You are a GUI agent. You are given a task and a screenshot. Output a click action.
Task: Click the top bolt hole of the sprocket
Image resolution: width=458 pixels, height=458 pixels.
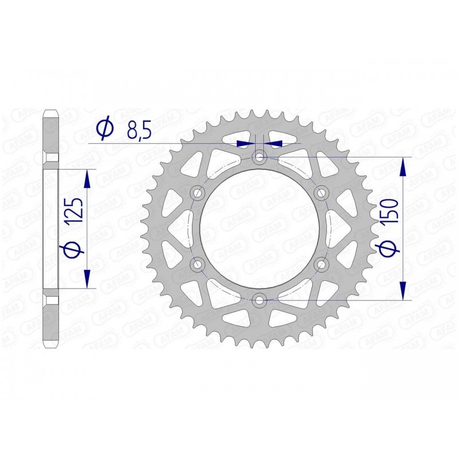coord(260,156)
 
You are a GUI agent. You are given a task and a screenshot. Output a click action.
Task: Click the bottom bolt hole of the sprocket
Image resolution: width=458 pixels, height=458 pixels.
coord(260,298)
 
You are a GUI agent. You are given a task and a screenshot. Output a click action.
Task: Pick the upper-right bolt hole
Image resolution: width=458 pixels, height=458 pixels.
coord(321,192)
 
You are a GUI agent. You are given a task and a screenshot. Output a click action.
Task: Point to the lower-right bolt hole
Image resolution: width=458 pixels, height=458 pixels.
coord(321,263)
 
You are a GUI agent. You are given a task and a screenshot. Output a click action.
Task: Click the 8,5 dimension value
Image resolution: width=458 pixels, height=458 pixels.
coord(138,131)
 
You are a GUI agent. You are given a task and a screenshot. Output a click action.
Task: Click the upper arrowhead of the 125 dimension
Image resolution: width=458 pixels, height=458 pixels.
coord(87,179)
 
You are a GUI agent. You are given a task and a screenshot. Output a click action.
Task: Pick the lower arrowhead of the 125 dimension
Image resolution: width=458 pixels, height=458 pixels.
coord(87,278)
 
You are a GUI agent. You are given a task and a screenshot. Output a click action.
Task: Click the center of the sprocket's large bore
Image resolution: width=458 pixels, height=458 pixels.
coord(260,227)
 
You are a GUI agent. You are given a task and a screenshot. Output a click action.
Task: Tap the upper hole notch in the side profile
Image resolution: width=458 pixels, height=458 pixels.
coord(51,156)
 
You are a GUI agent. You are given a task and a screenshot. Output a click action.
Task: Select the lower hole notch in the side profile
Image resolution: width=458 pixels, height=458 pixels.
coord(51,300)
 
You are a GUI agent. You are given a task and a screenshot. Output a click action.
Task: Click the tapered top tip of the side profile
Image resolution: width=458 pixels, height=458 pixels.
coord(51,108)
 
